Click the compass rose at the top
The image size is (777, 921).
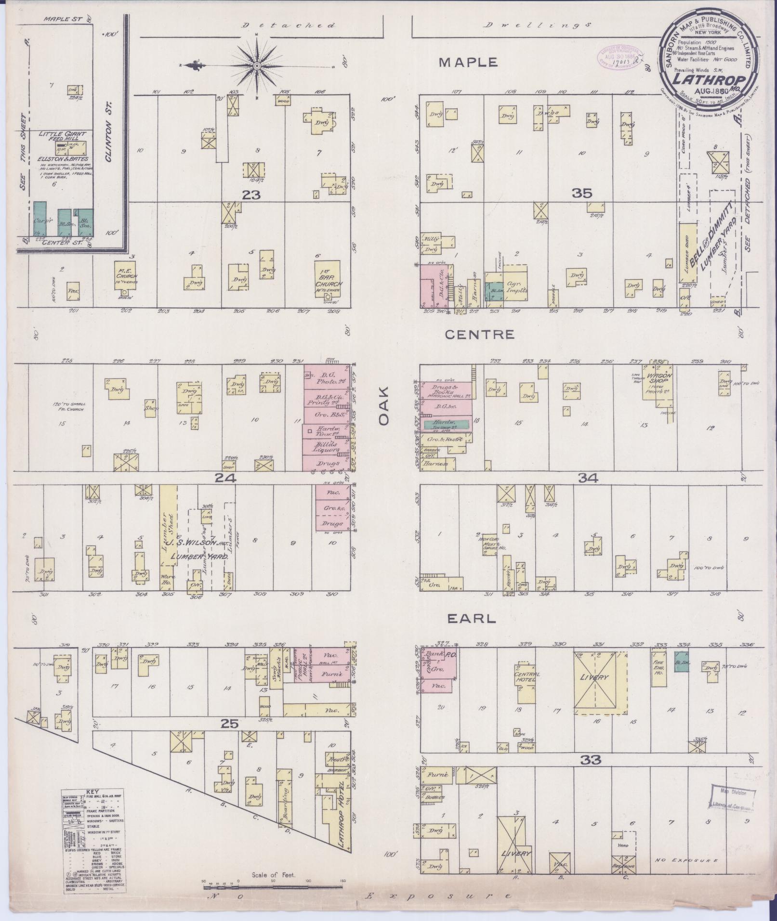[x=257, y=65]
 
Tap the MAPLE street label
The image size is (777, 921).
[x=468, y=63]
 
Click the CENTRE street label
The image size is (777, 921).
[x=479, y=335]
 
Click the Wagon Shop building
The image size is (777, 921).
[x=659, y=386]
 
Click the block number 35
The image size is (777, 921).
[x=581, y=194]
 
